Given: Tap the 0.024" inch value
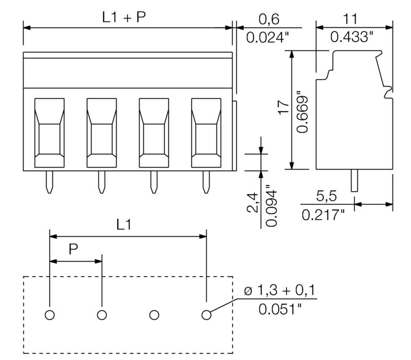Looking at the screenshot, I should (268, 38).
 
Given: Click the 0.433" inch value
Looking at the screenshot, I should (351, 38).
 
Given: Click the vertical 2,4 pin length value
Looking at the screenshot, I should (252, 203).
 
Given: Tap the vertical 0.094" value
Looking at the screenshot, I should (272, 205).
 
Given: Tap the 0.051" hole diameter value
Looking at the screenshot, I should (280, 310).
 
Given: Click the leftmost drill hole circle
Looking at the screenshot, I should (50, 315).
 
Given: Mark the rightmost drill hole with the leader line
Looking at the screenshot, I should (207, 315).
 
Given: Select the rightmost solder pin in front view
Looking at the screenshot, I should (207, 182).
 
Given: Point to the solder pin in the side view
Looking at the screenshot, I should (354, 181).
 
